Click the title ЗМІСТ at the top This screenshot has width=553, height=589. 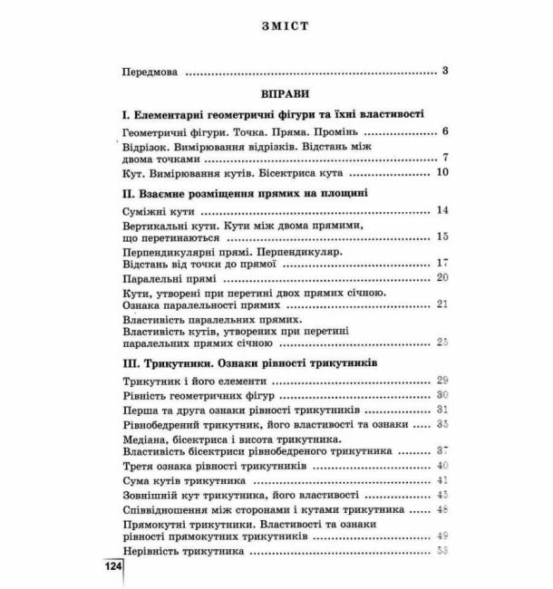(x=277, y=26)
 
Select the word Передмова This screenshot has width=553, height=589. (x=150, y=71)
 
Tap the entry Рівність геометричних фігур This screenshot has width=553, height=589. (x=197, y=396)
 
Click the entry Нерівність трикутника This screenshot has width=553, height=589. (x=183, y=550)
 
